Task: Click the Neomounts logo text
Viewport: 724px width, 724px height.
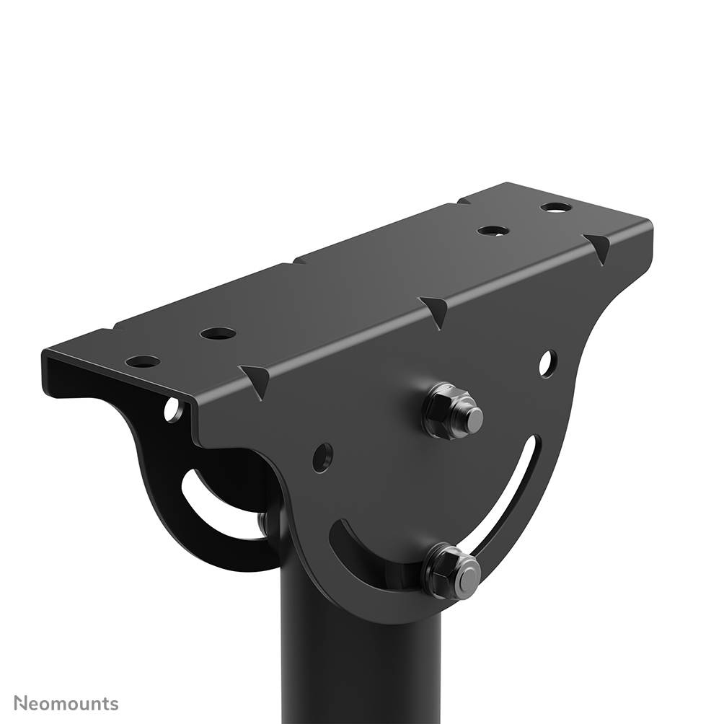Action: click(66, 703)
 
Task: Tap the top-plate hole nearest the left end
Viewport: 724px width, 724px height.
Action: click(143, 361)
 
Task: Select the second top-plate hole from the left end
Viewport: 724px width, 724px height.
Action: click(218, 333)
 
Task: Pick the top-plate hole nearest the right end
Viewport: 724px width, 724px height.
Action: click(556, 207)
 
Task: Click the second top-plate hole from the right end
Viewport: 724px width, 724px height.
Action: click(493, 231)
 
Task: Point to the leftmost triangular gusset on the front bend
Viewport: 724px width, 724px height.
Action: click(257, 379)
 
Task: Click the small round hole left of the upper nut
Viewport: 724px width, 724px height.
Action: click(322, 457)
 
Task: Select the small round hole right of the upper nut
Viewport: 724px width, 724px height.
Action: click(547, 363)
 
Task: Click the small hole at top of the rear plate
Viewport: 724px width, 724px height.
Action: click(172, 410)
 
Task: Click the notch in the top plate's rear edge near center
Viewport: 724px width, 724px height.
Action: click(296, 260)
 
